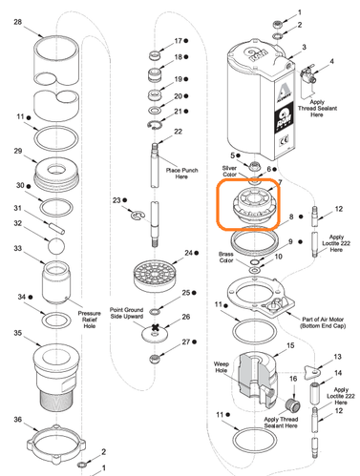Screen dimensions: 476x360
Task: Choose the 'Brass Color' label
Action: coord(225,256)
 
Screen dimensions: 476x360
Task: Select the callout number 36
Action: coord(17,419)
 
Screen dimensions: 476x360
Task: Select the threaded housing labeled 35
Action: coord(59,373)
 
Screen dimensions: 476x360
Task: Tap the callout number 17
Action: coord(178,41)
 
